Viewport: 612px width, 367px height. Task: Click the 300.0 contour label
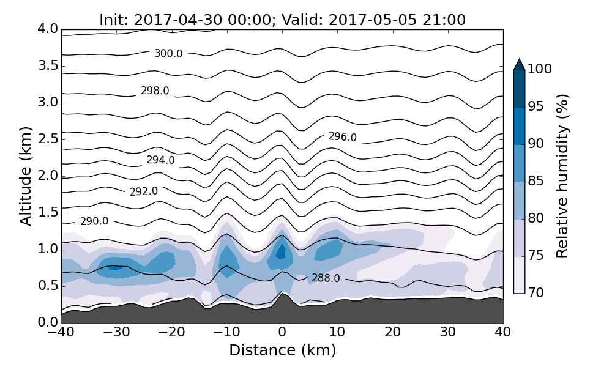[x=168, y=54]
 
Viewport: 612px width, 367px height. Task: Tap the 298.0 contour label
[x=155, y=91]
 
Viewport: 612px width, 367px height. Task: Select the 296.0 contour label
[x=342, y=137]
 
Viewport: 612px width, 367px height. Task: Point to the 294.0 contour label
[x=160, y=160]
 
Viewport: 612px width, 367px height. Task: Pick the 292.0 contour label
[x=144, y=191]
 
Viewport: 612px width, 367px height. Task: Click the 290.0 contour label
[x=94, y=221]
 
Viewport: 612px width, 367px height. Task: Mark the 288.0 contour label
[x=326, y=278]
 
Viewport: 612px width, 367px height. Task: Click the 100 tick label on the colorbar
[x=540, y=69]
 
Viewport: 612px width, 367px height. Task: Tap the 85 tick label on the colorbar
[x=536, y=181]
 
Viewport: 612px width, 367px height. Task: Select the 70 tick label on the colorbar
[x=536, y=293]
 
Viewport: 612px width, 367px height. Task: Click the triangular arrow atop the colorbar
[x=519, y=64]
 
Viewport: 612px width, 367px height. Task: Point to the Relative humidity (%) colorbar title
[x=563, y=176]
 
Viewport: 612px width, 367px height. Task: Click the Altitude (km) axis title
[x=26, y=176]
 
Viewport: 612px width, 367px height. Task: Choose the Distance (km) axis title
[x=282, y=350]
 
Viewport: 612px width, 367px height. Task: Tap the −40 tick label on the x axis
[x=61, y=332]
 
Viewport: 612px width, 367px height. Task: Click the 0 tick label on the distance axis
[x=282, y=332]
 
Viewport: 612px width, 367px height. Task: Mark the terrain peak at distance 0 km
[x=282, y=294]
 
